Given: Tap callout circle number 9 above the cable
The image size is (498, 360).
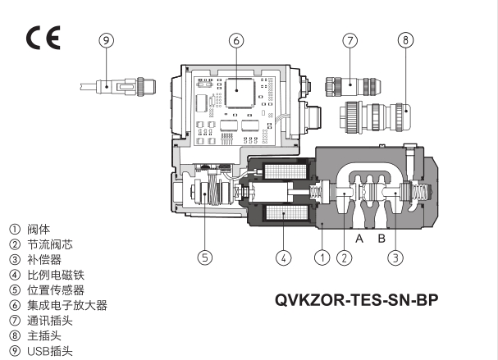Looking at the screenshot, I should click(x=106, y=40).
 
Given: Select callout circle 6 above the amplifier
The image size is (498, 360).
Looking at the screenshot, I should click(x=235, y=40).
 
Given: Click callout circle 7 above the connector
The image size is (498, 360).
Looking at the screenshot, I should click(x=350, y=40).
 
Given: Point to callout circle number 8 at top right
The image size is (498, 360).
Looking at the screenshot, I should click(x=405, y=40).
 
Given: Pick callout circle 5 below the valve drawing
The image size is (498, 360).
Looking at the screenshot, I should click(x=205, y=257).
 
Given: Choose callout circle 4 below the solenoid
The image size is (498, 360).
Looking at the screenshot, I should click(x=282, y=257).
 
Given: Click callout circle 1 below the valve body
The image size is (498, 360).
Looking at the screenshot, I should click(x=322, y=257).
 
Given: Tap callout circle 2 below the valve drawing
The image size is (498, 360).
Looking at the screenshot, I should click(x=345, y=257).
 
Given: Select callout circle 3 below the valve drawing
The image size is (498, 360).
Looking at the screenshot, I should click(x=395, y=257).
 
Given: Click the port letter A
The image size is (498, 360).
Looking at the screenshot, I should click(x=359, y=239).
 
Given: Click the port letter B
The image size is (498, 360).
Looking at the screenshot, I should click(x=381, y=239).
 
